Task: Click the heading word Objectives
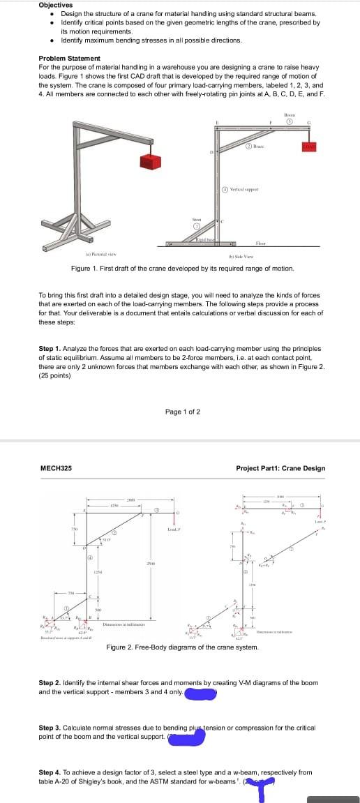(x=55, y=5)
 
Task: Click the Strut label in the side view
(x=196, y=219)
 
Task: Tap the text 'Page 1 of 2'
(x=182, y=412)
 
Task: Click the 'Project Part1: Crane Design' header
(x=280, y=468)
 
